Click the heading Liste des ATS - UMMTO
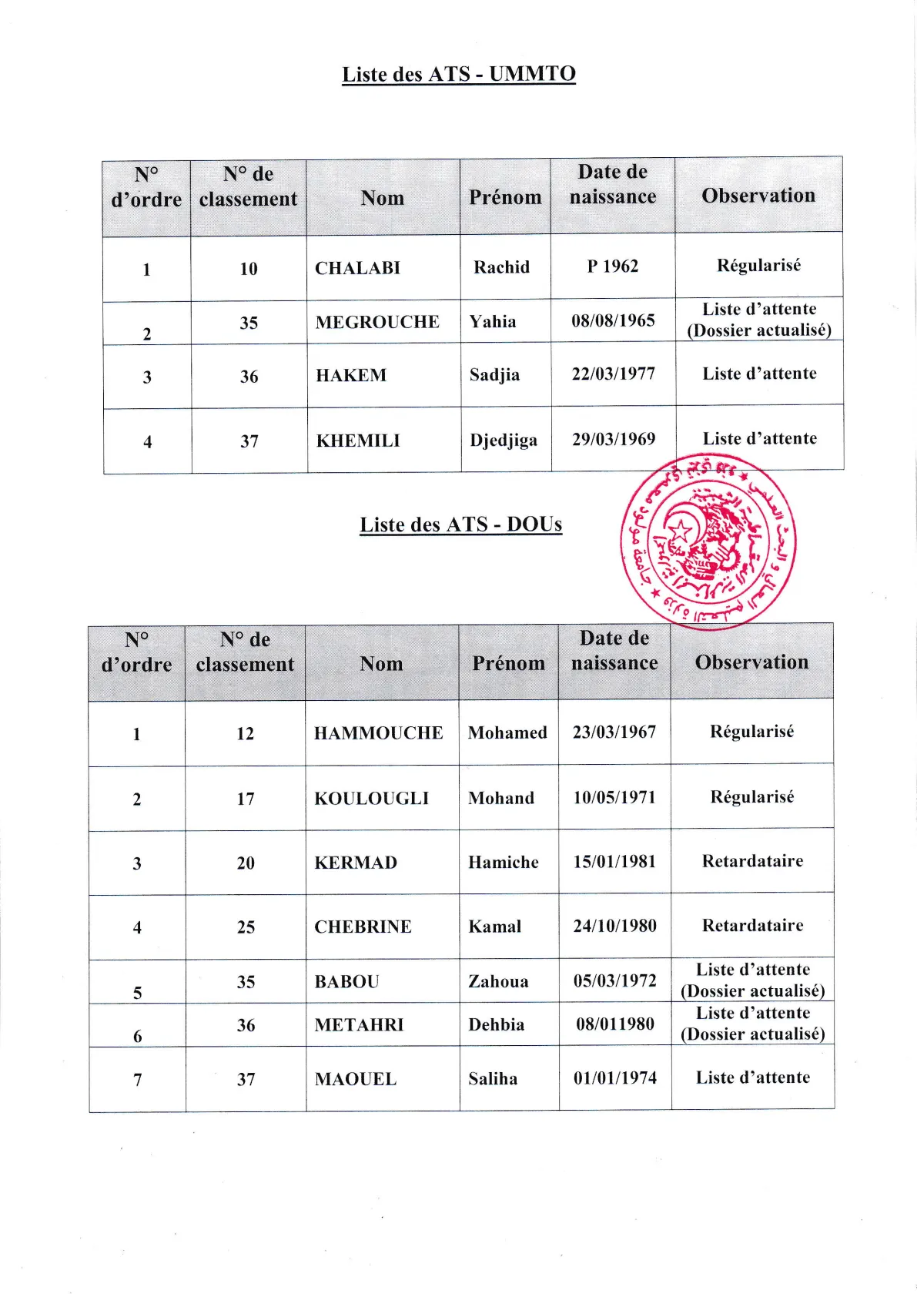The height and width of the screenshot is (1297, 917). [x=459, y=74]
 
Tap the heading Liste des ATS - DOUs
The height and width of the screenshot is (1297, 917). [x=460, y=524]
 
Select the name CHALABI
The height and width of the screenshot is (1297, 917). [x=357, y=268]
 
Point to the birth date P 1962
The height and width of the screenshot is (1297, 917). [x=613, y=266]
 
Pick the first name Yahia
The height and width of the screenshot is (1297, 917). [x=493, y=321]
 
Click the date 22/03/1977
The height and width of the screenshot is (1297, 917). [x=613, y=374]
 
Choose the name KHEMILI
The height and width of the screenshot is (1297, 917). [x=358, y=441]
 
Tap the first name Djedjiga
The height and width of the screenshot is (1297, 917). [x=504, y=440]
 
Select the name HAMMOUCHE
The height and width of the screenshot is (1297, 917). [x=378, y=732]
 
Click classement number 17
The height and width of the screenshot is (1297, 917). [x=245, y=799]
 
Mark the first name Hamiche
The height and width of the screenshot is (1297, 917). [x=504, y=862]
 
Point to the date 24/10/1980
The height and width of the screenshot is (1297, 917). [x=614, y=926]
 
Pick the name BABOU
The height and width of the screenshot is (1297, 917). [x=346, y=981]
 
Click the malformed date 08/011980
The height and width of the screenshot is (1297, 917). [x=614, y=1024]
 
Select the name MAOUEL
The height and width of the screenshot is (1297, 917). [x=356, y=1079]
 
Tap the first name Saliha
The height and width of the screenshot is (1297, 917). [x=493, y=1078]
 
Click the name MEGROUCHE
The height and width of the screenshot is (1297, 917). [x=377, y=322]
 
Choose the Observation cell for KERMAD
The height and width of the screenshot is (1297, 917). [x=752, y=861]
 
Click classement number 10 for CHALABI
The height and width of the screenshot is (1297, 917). [x=248, y=269]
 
